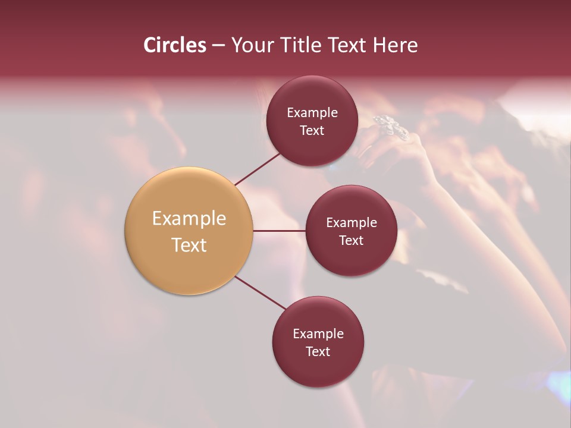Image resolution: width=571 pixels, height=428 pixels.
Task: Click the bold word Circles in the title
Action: coord(174,45)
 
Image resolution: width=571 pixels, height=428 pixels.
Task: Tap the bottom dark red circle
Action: coord(318,369)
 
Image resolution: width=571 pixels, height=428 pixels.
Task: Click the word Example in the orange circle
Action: coord(189,219)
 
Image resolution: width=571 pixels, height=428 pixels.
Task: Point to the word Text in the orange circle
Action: coord(189,245)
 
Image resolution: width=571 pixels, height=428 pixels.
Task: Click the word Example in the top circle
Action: coord(312,113)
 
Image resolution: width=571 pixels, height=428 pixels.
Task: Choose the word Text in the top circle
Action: coord(312,131)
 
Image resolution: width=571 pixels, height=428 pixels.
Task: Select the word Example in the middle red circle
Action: coord(351,223)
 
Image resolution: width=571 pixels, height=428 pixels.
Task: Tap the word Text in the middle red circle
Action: coord(351,241)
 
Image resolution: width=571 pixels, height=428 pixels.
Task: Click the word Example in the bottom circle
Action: coord(318,334)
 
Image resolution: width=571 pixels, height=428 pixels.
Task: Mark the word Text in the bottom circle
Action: coord(318,352)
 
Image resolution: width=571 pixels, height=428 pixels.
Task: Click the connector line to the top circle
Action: coord(257,169)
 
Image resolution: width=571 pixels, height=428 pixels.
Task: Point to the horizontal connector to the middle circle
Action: coord(279,231)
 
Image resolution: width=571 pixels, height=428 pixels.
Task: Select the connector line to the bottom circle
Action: coord(261,292)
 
